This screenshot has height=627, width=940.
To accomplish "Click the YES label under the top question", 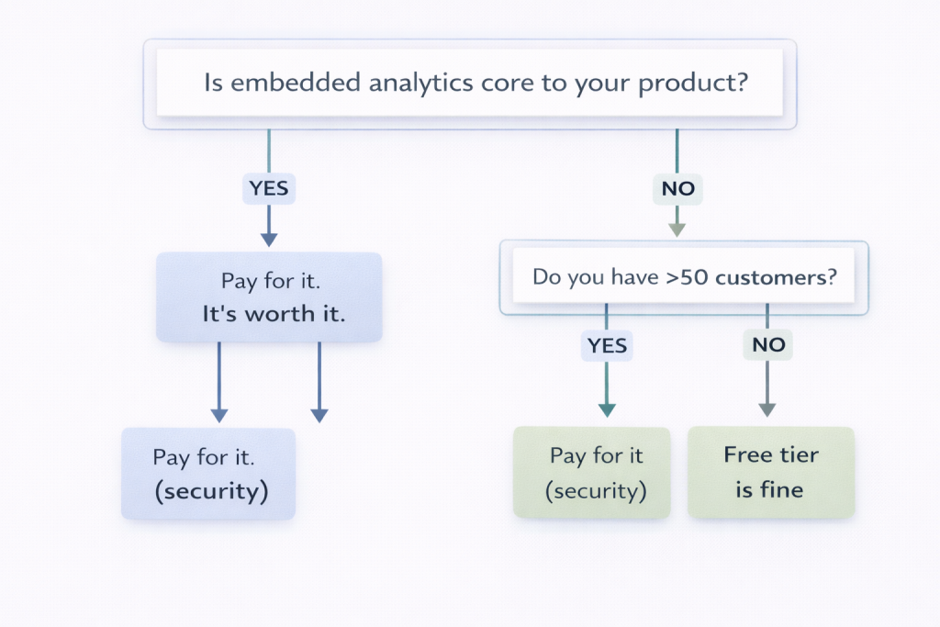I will [268, 189].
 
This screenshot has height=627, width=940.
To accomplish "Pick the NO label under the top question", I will [677, 190].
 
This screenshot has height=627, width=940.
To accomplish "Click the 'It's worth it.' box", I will [268, 297].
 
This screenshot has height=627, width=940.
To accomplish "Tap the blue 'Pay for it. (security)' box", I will [208, 474].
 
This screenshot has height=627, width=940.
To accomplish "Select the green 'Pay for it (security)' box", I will [591, 473].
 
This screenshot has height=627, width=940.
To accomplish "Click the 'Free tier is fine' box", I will [771, 472].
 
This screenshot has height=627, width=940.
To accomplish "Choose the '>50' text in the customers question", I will [687, 276].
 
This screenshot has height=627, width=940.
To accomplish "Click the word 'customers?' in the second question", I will [777, 276].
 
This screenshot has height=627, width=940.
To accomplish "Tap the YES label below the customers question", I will [607, 344].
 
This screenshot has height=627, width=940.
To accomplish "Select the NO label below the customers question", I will [767, 344].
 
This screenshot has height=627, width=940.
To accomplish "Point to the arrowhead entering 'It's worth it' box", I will [268, 240].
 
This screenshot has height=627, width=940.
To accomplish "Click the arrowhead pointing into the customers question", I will [677, 230].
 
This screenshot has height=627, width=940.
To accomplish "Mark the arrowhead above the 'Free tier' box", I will [767, 409].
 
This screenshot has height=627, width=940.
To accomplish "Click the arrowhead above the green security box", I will [607, 409].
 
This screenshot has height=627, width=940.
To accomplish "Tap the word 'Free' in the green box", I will [746, 454].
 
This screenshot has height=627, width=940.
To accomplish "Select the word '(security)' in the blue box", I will [210, 490].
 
